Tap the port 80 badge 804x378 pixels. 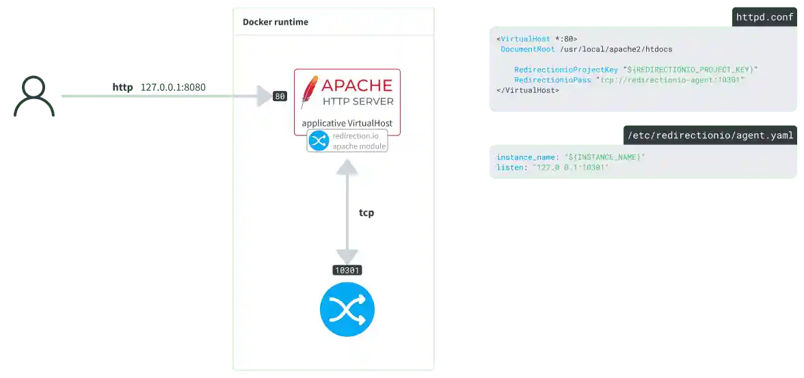(x=280, y=96)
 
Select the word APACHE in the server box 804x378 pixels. (x=357, y=85)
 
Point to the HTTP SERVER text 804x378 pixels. (x=358, y=102)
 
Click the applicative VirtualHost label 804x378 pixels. (x=347, y=124)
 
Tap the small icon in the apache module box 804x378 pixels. (x=319, y=141)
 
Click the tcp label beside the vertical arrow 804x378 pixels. (x=366, y=213)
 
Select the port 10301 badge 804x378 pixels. (x=347, y=270)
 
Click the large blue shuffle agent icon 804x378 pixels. (x=347, y=309)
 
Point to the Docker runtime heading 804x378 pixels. (x=276, y=22)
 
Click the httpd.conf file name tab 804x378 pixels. (x=763, y=18)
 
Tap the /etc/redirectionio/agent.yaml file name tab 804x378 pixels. (x=710, y=135)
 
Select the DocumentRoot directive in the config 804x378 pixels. (x=528, y=49)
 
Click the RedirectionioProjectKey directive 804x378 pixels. (x=566, y=70)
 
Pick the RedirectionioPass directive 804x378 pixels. (x=552, y=80)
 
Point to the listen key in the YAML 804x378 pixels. (x=509, y=167)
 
